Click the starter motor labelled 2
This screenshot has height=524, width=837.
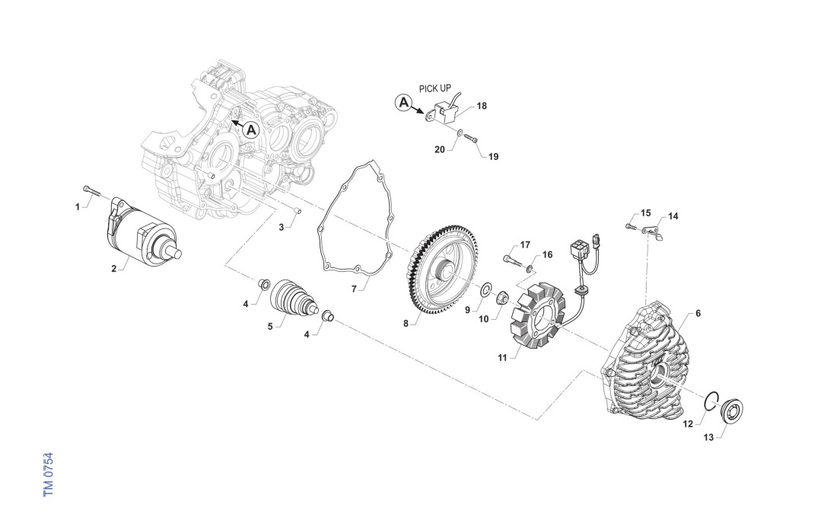coord(141,233)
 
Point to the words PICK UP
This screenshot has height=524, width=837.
coord(435,88)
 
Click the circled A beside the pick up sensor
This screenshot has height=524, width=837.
coord(405,102)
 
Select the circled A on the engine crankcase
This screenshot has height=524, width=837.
coord(252,129)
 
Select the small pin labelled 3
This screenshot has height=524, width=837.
coord(298,211)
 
